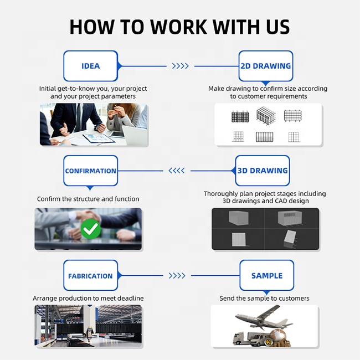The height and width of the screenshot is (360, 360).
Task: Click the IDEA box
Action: [91, 66]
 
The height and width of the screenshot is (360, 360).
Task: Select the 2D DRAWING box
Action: [266, 66]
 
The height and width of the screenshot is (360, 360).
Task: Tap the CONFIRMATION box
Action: [91, 171]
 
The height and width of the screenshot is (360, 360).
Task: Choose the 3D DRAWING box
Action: [263, 171]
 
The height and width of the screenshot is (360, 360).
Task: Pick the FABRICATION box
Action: [91, 275]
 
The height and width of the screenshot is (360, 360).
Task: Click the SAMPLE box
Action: [267, 275]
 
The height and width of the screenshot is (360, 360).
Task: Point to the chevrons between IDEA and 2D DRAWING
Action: [181, 66]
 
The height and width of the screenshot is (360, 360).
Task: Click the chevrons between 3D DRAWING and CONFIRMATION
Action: [177, 171]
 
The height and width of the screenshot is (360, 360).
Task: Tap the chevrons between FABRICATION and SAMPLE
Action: [177, 275]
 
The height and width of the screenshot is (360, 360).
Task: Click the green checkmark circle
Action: [91, 229]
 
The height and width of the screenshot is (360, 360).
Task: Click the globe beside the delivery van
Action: [277, 337]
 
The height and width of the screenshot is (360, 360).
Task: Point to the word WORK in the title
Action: [178, 27]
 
